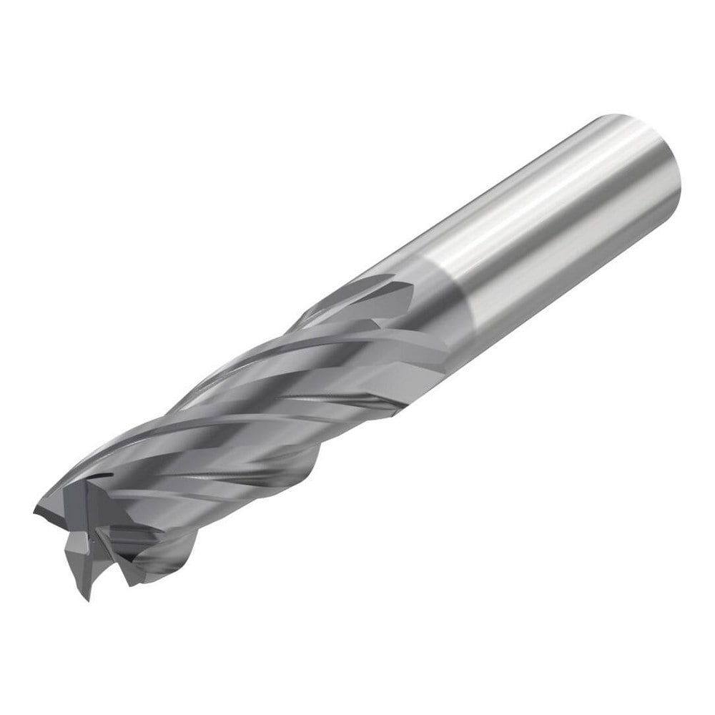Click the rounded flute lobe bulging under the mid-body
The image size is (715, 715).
pos(300,468)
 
